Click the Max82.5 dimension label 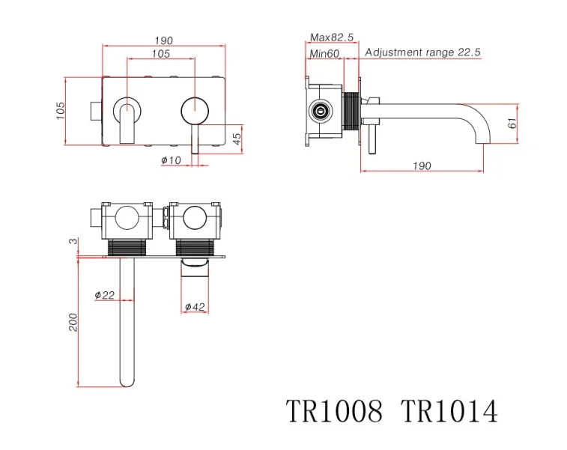(333, 37)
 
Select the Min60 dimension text (324, 52)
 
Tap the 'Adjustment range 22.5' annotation (423, 52)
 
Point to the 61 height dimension (512, 123)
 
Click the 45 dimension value (237, 139)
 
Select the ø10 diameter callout (172, 160)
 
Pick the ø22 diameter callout (105, 295)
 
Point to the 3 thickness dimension (73, 240)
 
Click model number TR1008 (334, 411)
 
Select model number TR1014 (449, 411)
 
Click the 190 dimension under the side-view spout (422, 165)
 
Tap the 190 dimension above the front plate (163, 40)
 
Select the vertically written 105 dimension (60, 110)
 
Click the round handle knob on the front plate (195, 110)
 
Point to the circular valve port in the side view (321, 111)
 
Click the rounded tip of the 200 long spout (127, 382)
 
